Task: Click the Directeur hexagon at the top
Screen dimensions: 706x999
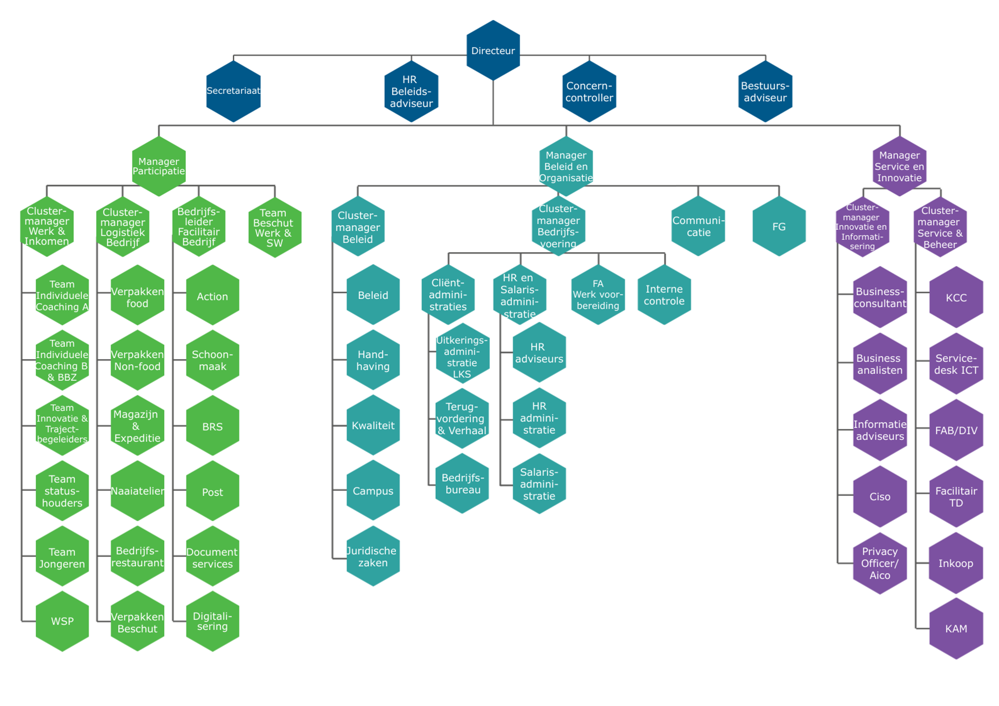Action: [493, 50]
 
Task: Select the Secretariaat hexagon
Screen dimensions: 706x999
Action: [233, 91]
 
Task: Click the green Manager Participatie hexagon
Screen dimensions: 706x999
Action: [159, 166]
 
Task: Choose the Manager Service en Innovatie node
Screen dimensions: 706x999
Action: [899, 166]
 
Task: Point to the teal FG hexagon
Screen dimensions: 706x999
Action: [779, 226]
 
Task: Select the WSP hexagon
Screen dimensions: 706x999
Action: [62, 621]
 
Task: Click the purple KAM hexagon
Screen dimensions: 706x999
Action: [956, 629]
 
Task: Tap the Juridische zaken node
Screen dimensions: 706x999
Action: [373, 556]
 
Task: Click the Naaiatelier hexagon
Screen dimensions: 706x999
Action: [138, 491]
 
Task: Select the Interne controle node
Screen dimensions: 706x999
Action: [664, 295]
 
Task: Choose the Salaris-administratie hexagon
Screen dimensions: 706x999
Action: [539, 484]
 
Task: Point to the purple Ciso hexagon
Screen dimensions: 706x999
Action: [880, 496]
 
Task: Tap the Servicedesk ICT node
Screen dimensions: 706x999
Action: [956, 364]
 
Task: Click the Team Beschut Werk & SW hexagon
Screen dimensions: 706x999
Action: [274, 227]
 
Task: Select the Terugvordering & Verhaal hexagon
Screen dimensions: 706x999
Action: [462, 418]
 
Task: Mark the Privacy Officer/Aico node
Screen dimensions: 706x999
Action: [880, 563]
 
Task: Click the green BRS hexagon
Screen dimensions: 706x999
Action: [212, 426]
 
